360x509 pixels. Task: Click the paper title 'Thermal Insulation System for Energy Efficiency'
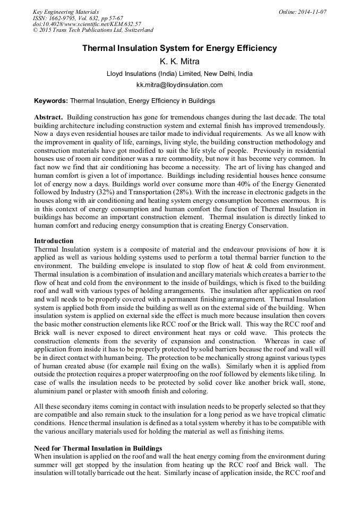(179, 48)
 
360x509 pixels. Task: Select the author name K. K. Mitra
(179, 62)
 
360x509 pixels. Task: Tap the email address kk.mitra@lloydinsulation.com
(179, 85)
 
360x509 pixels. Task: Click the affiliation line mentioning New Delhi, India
(179, 74)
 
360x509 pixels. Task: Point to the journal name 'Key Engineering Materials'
(66, 11)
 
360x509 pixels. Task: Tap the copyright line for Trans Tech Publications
(93, 30)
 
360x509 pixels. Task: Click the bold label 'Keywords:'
(51, 100)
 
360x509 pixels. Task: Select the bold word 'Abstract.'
(49, 117)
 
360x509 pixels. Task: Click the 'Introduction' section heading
(54, 241)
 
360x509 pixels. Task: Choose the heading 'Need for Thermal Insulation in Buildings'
(98, 448)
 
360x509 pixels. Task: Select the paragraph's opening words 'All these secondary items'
(70, 407)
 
